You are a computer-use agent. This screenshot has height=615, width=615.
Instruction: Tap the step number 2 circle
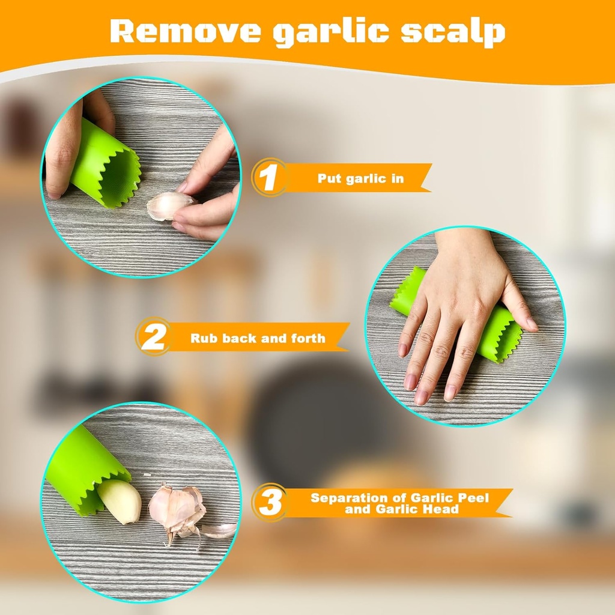pyautogui.click(x=153, y=337)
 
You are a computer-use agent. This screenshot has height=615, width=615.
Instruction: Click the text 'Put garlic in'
pyautogui.click(x=360, y=178)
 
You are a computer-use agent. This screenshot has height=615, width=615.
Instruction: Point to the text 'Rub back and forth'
pyautogui.click(x=258, y=338)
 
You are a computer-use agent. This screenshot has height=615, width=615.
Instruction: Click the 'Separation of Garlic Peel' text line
pyautogui.click(x=399, y=498)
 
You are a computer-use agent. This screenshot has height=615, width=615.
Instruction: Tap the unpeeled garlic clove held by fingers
pyautogui.click(x=168, y=206)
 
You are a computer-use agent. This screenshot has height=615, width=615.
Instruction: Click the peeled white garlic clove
pyautogui.click(x=121, y=500)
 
